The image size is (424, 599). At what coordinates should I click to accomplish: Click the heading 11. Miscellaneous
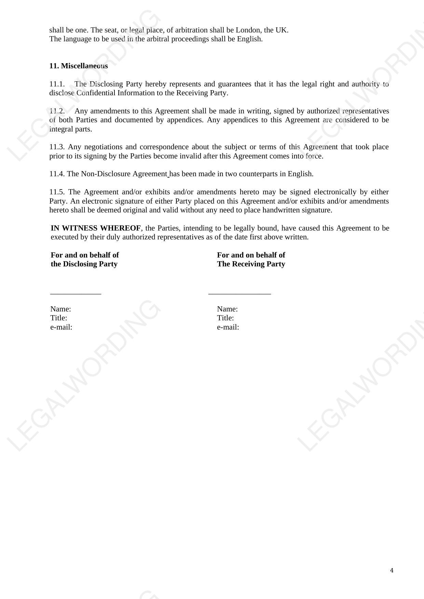pyautogui.click(x=79, y=66)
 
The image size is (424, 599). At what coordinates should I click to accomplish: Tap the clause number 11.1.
pyautogui.click(x=57, y=84)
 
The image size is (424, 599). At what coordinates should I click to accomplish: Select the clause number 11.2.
pyautogui.click(x=57, y=111)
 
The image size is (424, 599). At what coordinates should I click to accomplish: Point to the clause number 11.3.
pyautogui.click(x=57, y=147)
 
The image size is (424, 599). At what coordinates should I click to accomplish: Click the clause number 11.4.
pyautogui.click(x=57, y=174)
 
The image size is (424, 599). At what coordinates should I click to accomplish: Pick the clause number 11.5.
pyautogui.click(x=57, y=192)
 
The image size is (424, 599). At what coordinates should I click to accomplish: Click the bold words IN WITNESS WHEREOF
pyautogui.click(x=96, y=228)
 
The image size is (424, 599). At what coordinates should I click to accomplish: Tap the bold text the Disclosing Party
pyautogui.click(x=84, y=264)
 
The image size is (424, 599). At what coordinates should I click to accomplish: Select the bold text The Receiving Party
pyautogui.click(x=251, y=264)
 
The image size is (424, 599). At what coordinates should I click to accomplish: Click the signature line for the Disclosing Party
pyautogui.click(x=76, y=293)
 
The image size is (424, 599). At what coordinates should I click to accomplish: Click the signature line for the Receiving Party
pyautogui.click(x=240, y=293)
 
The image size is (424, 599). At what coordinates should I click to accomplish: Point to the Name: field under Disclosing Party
pyautogui.click(x=60, y=309)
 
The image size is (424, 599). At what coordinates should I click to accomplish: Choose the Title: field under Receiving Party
pyautogui.click(x=225, y=318)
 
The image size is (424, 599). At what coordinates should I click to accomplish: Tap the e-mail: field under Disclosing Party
pyautogui.click(x=61, y=327)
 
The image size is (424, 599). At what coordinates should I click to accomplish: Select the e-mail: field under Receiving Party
pyautogui.click(x=228, y=327)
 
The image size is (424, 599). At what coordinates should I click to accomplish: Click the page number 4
pyautogui.click(x=392, y=570)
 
